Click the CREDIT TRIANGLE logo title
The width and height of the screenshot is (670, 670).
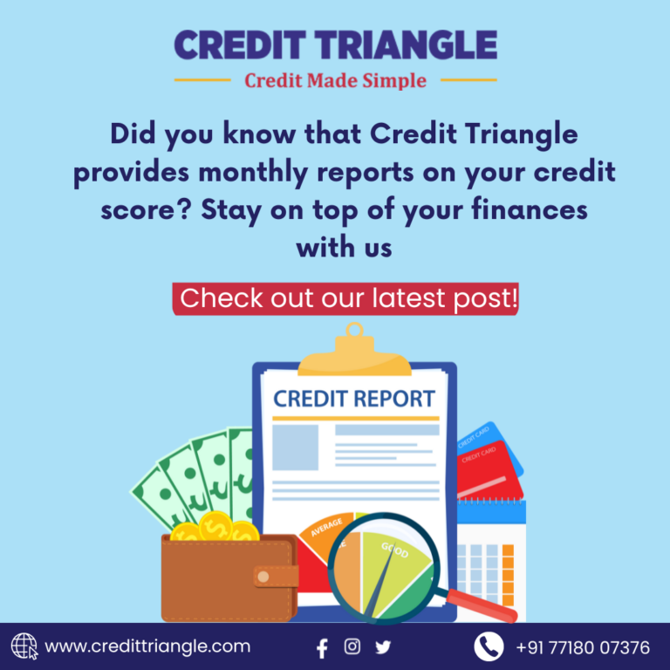(x=335, y=44)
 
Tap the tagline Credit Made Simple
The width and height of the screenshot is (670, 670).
(x=335, y=81)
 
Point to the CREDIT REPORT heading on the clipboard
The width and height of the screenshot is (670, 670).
(x=353, y=400)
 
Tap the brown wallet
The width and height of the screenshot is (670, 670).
(x=218, y=580)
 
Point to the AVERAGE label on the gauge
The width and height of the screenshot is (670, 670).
(x=327, y=527)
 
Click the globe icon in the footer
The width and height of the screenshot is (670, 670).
(x=24, y=647)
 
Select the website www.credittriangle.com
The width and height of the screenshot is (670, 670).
(x=147, y=647)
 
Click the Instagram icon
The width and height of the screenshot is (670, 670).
(x=352, y=646)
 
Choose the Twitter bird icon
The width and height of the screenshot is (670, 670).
(x=383, y=647)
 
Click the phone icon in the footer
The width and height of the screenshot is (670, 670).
(x=489, y=647)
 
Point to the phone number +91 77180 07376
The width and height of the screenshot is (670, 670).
(x=583, y=647)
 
